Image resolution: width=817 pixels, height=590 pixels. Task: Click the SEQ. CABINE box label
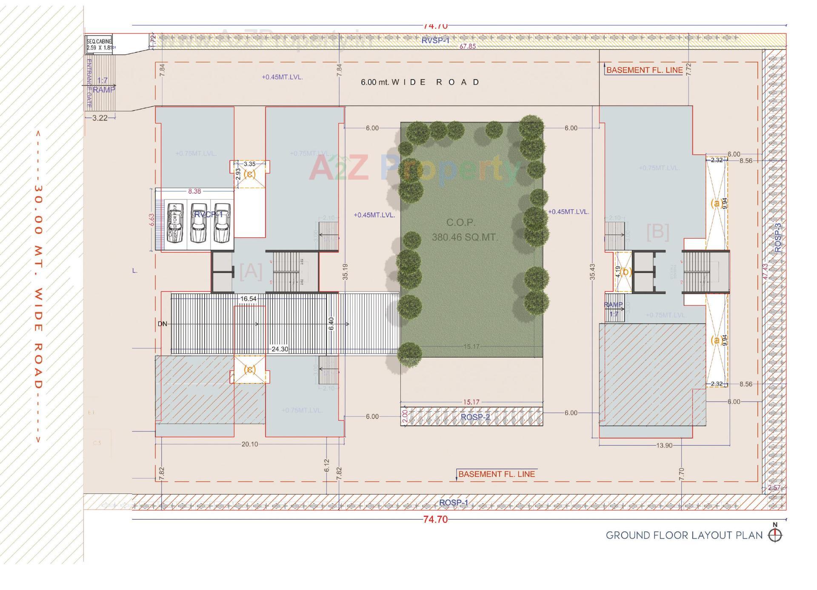click(x=99, y=44)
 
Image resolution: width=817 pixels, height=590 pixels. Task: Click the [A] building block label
click(x=251, y=271)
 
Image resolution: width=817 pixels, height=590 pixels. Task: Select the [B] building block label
click(x=657, y=232)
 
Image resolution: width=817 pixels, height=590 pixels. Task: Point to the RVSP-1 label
click(x=435, y=40)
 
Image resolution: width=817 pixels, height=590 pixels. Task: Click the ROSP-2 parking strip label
click(x=475, y=417)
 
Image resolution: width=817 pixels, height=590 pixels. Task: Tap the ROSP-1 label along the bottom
click(x=453, y=503)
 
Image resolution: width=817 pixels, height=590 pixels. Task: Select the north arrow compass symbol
click(x=775, y=535)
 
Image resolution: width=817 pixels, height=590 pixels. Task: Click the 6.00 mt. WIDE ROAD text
click(x=420, y=82)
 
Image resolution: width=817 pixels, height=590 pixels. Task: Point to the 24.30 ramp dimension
click(x=280, y=349)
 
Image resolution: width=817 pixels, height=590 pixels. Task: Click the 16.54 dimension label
click(x=249, y=299)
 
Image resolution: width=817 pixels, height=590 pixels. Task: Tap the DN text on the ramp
click(x=162, y=324)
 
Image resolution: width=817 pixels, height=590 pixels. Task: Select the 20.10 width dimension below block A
click(x=249, y=444)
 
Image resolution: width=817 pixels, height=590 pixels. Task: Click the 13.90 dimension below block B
click(x=664, y=445)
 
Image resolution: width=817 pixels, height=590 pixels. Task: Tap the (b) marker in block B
click(x=625, y=271)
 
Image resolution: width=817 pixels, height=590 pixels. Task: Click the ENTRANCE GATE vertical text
click(x=89, y=83)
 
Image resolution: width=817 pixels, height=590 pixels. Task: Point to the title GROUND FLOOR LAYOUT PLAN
click(x=684, y=535)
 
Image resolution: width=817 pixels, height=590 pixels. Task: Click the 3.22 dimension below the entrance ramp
click(x=100, y=118)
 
